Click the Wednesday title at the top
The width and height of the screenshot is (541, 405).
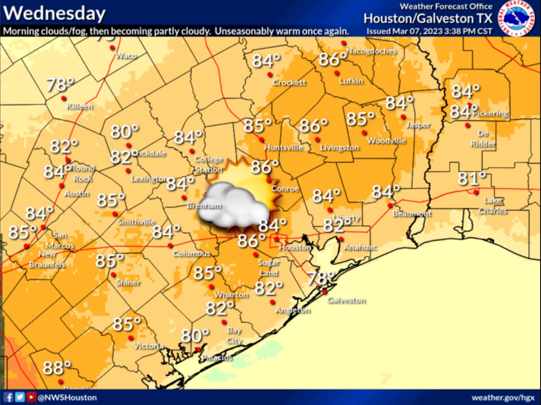[55, 14]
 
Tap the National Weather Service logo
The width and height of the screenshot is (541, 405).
[517, 18]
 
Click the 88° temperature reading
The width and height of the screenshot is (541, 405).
[57, 368]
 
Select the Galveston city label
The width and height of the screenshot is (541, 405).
[347, 301]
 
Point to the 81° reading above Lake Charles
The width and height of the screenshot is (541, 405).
[472, 180]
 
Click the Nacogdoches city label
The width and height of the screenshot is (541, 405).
[371, 51]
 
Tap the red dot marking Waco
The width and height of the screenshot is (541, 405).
[112, 47]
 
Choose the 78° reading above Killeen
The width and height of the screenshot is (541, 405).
[60, 85]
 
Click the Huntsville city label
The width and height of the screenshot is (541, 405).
[283, 147]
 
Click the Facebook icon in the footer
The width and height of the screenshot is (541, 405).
[8, 397]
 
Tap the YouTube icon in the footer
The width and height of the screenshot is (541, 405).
[31, 397]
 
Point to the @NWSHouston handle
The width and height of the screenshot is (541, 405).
[67, 397]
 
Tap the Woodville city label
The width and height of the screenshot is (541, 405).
[386, 141]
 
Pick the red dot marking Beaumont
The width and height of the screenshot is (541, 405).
[390, 205]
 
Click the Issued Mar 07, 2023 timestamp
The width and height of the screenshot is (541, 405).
[429, 31]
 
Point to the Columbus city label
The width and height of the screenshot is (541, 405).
[191, 254]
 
